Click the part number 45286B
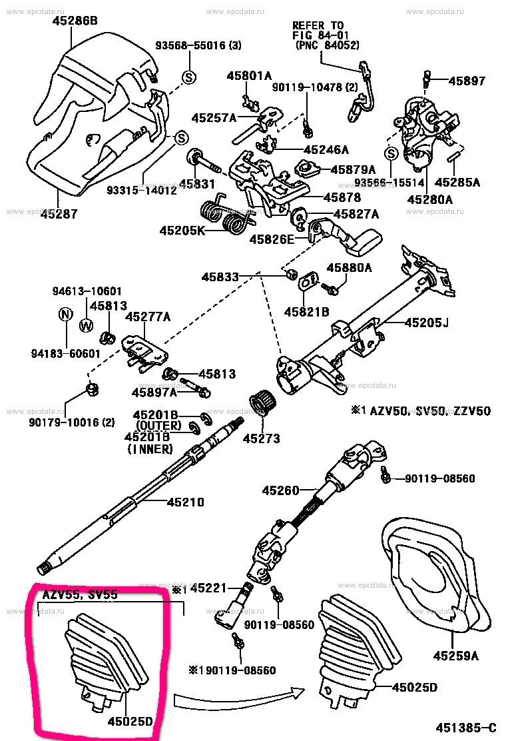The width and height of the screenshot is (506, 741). point(75,21)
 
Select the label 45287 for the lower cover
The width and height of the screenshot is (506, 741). point(59,214)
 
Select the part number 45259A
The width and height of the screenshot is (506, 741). point(457,656)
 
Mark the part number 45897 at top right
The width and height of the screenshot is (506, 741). point(467,81)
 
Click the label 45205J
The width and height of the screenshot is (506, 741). point(426,324)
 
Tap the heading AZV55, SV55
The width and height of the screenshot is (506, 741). point(80,594)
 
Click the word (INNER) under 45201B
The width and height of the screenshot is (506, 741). point(150,450)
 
